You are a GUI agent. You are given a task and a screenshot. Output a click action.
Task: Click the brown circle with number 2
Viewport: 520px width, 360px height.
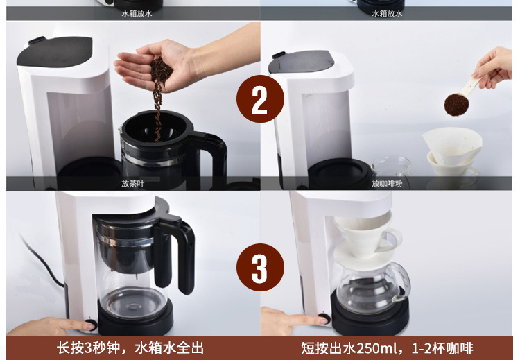click(260, 99)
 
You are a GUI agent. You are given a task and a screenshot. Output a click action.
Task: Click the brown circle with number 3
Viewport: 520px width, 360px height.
click(260, 267)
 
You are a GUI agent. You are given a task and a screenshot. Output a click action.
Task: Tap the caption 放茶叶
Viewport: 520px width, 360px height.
click(133, 183)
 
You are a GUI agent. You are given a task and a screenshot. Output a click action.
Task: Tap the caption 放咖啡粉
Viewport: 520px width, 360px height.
click(387, 183)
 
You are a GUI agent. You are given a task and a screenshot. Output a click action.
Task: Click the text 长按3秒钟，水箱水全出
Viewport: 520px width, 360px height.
click(130, 348)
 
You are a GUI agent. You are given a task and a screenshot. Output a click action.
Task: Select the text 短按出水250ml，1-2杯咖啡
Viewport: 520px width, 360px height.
click(387, 348)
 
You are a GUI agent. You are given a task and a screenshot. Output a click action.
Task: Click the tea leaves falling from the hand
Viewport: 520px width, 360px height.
click(160, 96)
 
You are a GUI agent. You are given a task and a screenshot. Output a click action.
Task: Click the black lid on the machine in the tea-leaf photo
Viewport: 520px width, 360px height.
click(55, 51)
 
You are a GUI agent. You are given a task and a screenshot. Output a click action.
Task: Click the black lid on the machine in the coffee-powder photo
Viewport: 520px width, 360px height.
click(300, 61)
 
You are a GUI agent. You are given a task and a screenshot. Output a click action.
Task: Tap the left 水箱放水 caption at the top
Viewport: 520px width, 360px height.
click(137, 14)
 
